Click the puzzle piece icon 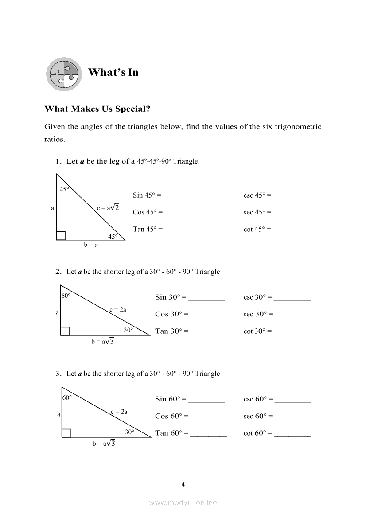click(64, 74)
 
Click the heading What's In click(113, 72)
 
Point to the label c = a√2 click(108, 207)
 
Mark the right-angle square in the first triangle click(61, 236)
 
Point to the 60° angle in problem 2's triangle click(66, 296)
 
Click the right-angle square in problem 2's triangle click(65, 331)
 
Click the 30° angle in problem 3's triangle click(129, 432)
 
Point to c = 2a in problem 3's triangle click(119, 412)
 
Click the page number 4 click(183, 484)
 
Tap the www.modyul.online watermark click(183, 502)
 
